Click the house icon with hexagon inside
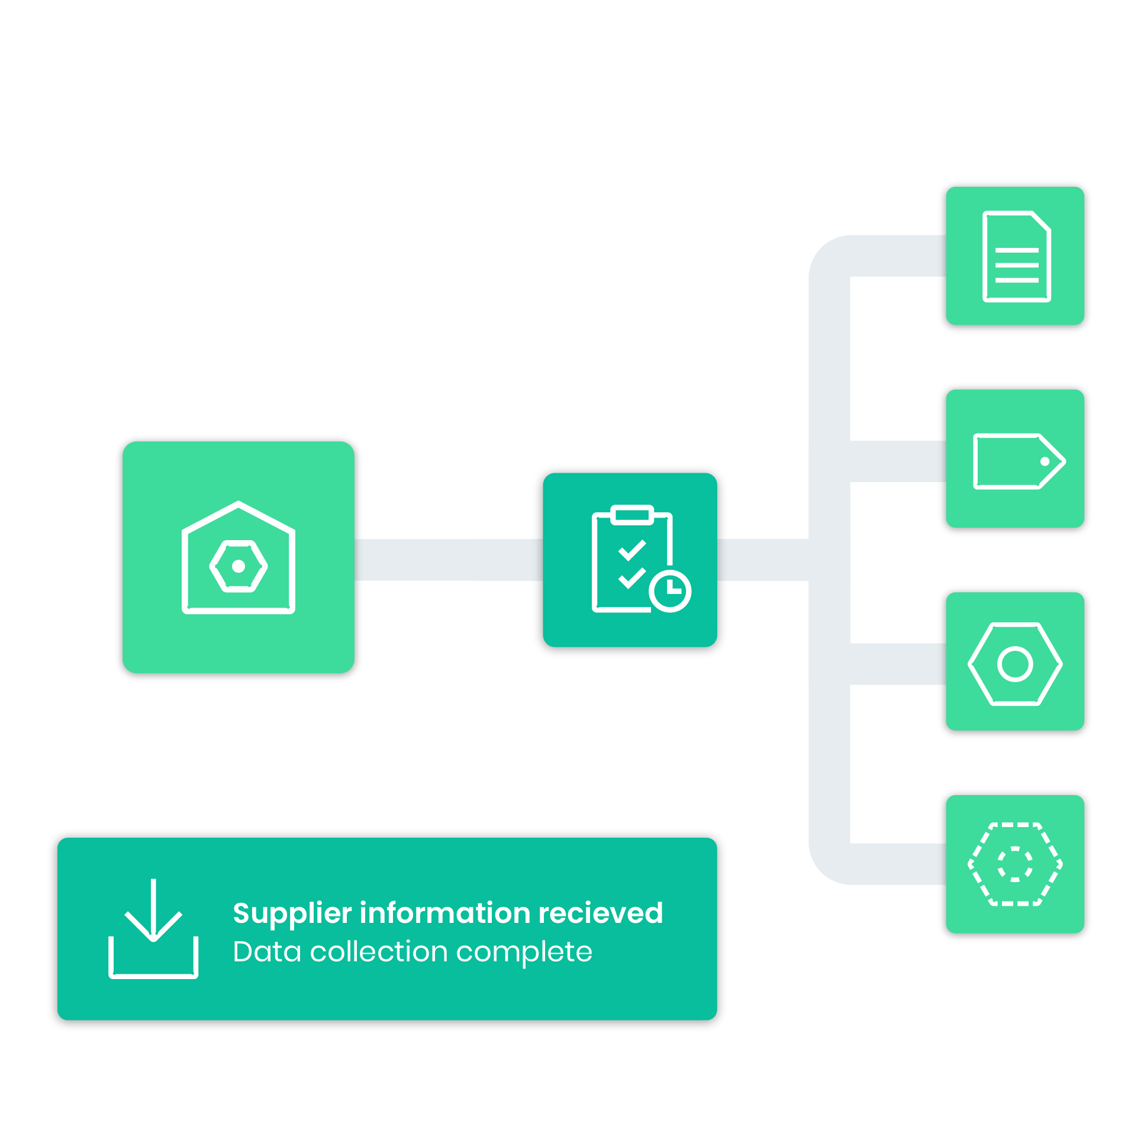click(238, 557)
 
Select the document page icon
click(1016, 256)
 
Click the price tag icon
click(1018, 461)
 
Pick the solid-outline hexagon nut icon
click(1014, 664)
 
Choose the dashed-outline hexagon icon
click(1014, 864)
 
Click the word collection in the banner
click(378, 952)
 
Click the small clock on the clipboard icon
click(670, 591)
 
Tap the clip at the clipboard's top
click(631, 514)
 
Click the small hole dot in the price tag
click(1045, 461)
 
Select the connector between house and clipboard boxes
click(447, 560)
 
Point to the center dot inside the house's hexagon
click(239, 566)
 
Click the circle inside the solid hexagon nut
click(1014, 664)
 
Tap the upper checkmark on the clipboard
click(631, 551)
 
